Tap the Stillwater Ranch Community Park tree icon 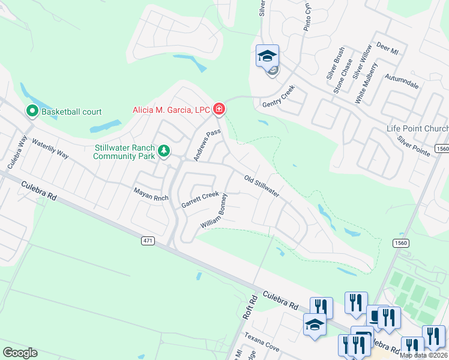point(162,151)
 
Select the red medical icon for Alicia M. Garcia point(219,109)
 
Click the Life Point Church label point(417,129)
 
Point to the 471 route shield point(148,241)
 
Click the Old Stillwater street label point(262,186)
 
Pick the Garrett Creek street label point(200,200)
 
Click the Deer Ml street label point(387,49)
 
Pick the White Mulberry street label point(366,83)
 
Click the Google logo point(20,353)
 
